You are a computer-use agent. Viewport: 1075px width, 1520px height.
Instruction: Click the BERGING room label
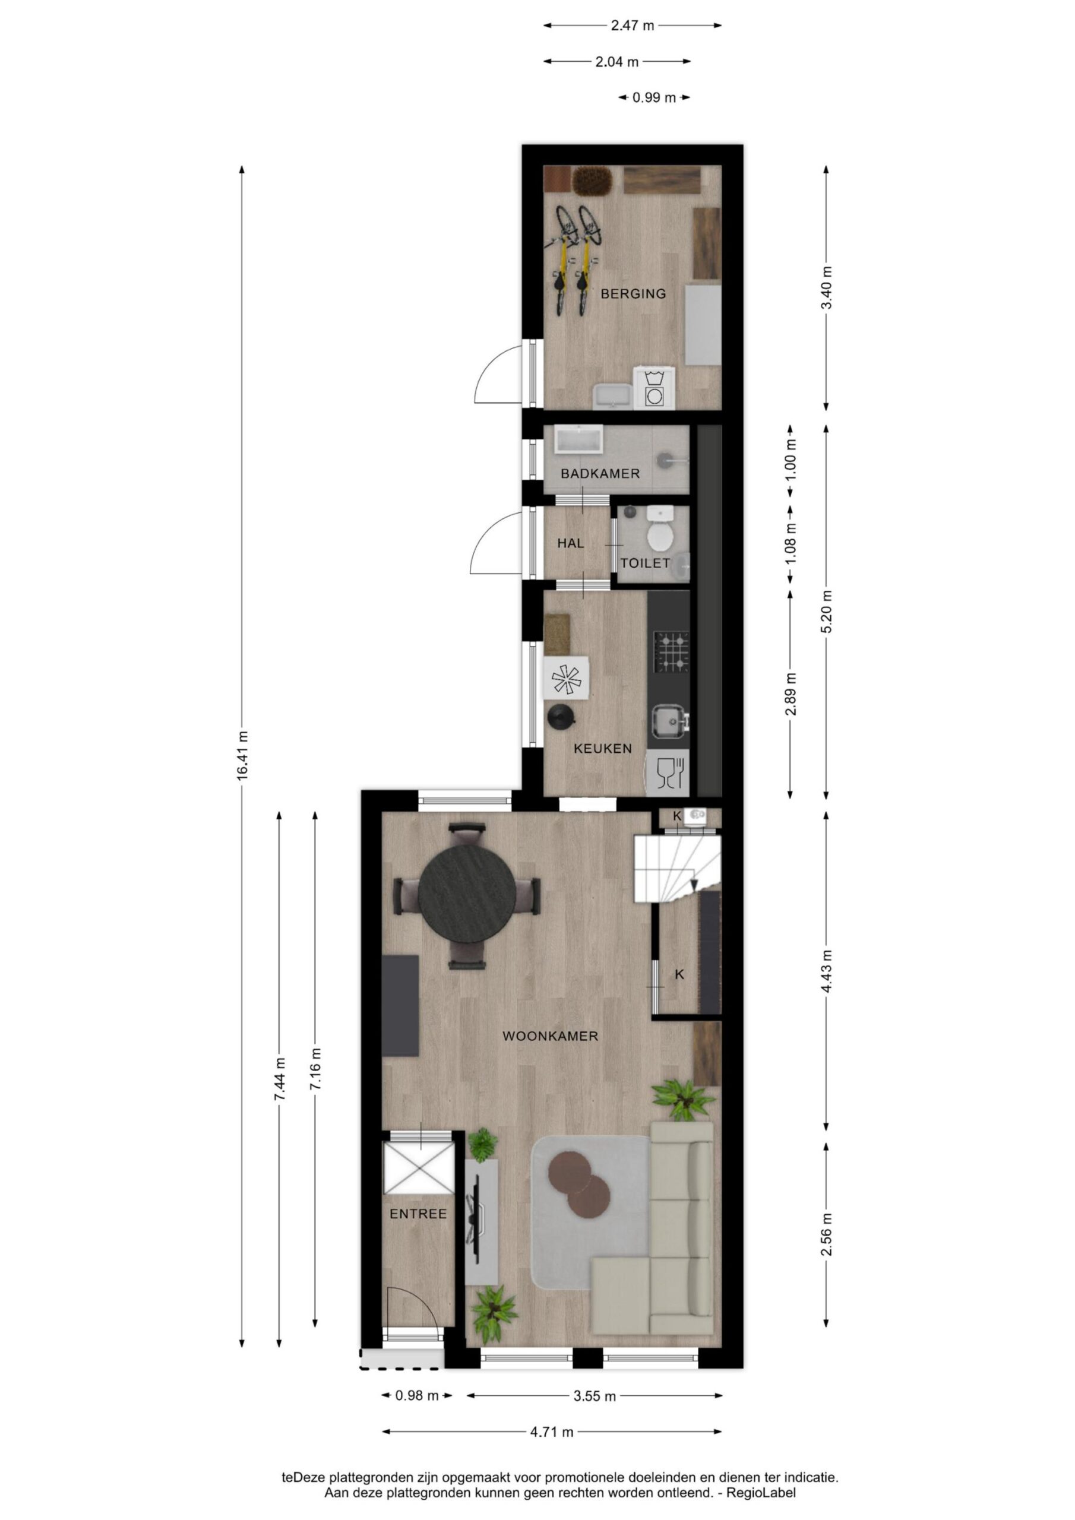coord(633,293)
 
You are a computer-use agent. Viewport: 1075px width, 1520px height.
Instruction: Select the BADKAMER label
coord(600,473)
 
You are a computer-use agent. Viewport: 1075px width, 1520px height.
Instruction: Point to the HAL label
coord(570,543)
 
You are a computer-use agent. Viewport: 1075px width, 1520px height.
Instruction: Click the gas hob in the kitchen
coord(671,652)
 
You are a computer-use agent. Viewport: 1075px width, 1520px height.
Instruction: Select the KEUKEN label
coord(602,749)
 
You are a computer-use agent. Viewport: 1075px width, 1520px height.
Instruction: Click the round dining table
coord(467,894)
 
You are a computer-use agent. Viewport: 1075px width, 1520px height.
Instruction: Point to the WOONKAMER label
coord(550,1036)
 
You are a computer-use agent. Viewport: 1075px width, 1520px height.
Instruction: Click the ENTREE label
coord(418,1214)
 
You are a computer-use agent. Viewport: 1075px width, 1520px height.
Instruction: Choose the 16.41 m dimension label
coord(242,755)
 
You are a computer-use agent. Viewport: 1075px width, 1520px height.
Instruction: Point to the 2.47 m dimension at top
coord(632,26)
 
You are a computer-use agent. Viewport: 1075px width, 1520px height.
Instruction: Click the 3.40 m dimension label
coord(826,287)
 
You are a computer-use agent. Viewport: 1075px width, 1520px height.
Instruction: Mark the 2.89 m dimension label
coord(790,694)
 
